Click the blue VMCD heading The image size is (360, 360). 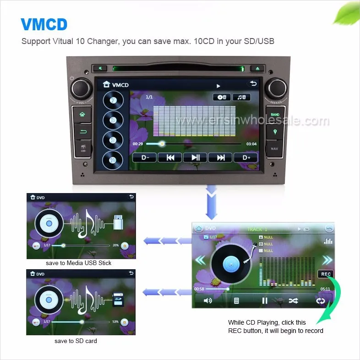point(44,24)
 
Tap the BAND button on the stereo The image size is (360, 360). point(275,115)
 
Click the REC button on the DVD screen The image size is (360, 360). point(326,274)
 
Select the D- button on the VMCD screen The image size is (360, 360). point(144,157)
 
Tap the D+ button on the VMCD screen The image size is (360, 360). point(246,157)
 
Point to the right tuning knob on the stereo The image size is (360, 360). point(278,87)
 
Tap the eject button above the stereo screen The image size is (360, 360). point(257,68)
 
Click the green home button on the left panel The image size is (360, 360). point(82,115)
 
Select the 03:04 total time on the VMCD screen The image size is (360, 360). point(251,144)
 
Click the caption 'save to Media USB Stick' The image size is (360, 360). point(78,263)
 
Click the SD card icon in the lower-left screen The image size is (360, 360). point(118,301)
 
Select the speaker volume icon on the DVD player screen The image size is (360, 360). point(207,301)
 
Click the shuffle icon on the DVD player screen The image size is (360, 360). point(293,301)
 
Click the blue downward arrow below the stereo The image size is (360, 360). point(212,200)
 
